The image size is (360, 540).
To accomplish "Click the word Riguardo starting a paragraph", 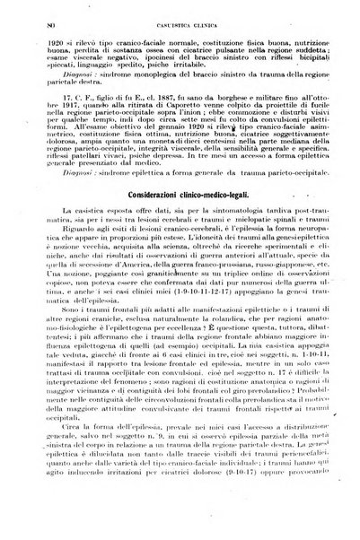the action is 71,253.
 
